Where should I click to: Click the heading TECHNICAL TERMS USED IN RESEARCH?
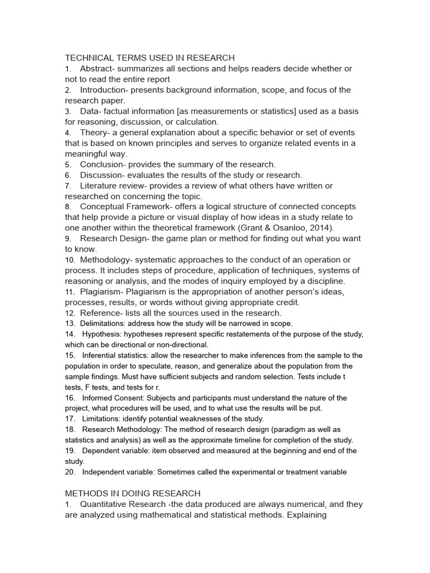pyautogui.click(x=149, y=58)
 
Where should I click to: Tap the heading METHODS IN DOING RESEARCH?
pyautogui.click(x=132, y=493)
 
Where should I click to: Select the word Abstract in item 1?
pyautogui.click(x=96, y=68)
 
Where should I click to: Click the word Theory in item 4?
pyautogui.click(x=93, y=132)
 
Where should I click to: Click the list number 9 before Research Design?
pyautogui.click(x=67, y=238)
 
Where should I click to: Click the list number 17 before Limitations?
pyautogui.click(x=70, y=419)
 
